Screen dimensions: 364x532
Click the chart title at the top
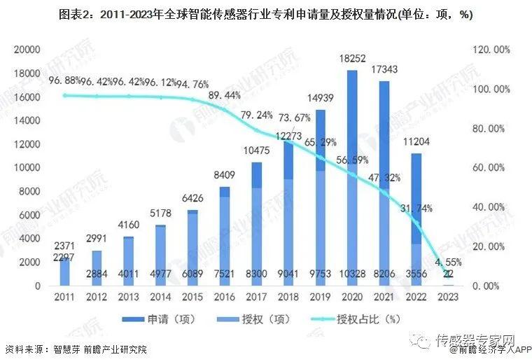click(x=265, y=15)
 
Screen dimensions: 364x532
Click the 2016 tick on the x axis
click(x=204, y=297)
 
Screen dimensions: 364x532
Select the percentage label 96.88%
click(x=66, y=80)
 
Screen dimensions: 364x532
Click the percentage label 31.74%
click(x=420, y=209)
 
